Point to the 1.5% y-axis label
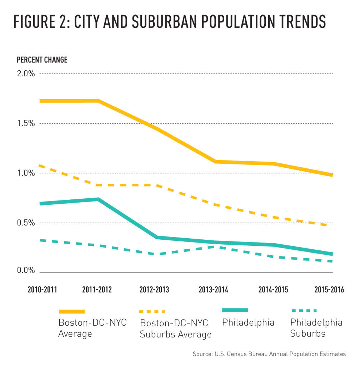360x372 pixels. (26, 123)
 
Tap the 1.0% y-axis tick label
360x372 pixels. (26, 173)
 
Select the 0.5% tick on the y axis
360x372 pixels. (26, 223)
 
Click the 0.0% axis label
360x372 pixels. (26, 270)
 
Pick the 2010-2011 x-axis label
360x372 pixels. (42, 289)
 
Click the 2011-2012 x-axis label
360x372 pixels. (97, 289)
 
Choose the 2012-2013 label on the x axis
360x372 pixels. (154, 289)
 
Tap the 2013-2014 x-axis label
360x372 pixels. (213, 289)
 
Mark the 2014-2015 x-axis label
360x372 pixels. (273, 289)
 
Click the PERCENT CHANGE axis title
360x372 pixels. (42, 60)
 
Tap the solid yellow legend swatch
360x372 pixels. (71, 311)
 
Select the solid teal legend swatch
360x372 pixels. (235, 310)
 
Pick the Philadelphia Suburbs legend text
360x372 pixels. (316, 328)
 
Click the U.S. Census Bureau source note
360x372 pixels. (269, 354)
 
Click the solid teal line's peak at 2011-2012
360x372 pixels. (97, 199)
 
